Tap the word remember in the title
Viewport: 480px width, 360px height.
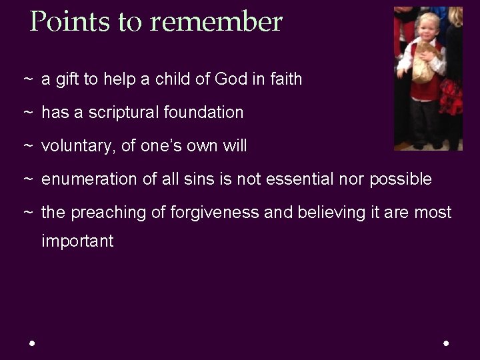coord(216,22)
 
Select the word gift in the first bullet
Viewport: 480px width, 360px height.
coord(67,79)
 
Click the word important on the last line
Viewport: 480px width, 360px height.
coord(77,241)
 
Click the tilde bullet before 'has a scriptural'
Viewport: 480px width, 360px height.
coord(28,113)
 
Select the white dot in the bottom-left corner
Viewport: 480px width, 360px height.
coord(32,343)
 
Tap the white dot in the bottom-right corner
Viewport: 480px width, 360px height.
coord(446,343)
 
